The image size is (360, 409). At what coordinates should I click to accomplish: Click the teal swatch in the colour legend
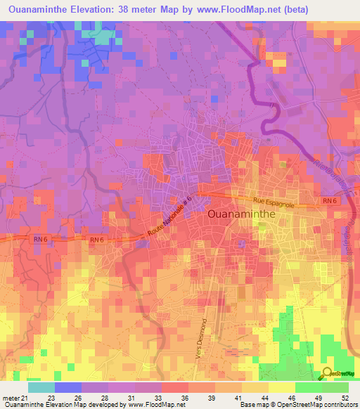tap(41, 387)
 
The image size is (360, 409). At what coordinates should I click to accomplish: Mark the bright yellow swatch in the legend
tap(281, 387)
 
